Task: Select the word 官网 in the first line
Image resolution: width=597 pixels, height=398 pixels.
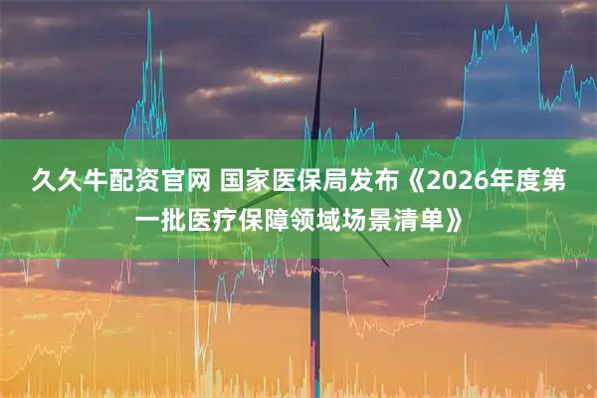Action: pyautogui.click(x=176, y=180)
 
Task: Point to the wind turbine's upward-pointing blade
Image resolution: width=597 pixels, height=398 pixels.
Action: pyautogui.click(x=321, y=80)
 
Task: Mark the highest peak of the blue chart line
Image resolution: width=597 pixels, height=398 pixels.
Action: pyautogui.click(x=505, y=7)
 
